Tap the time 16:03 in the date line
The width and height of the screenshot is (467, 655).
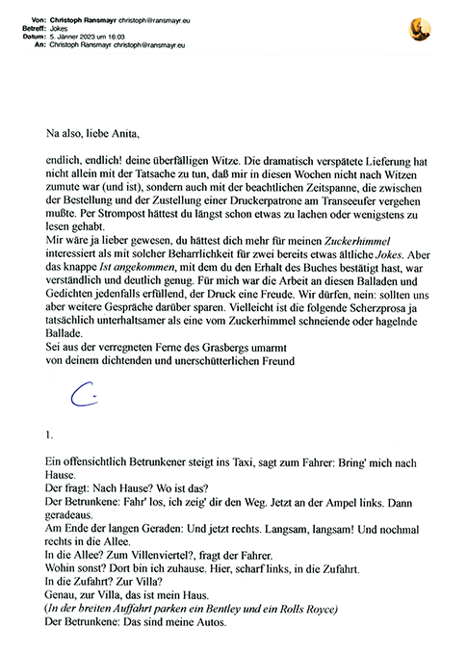coord(123,37)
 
